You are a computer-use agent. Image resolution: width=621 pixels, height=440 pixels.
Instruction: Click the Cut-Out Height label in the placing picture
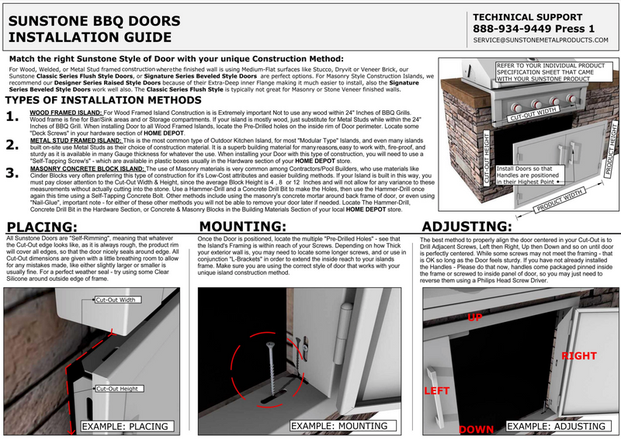117,388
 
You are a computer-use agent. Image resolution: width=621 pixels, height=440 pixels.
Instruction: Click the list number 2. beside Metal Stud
12,144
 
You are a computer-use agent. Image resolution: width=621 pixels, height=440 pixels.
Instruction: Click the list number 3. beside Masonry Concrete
12,172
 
